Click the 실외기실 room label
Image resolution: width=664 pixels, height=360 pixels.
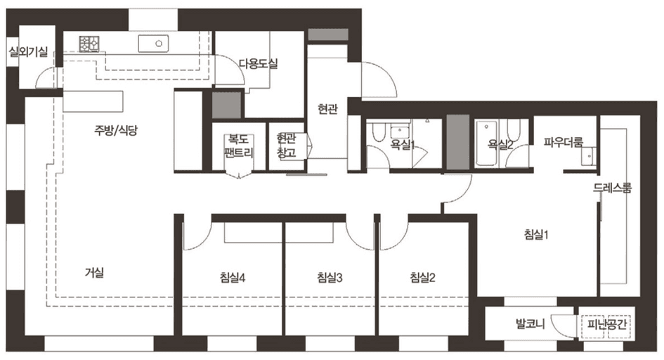[29, 52]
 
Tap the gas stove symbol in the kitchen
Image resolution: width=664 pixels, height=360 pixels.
[89, 44]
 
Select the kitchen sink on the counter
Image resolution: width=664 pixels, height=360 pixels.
[153, 44]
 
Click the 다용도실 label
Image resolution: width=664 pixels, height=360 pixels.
[259, 64]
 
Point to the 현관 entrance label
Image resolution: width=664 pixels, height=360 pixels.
[328, 109]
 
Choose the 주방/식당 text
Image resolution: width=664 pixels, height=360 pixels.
[116, 130]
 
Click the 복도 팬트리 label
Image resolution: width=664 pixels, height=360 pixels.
[239, 146]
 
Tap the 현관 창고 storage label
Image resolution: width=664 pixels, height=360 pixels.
[287, 146]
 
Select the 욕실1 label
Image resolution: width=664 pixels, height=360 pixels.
[403, 146]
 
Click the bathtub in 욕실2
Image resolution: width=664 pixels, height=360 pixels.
[486, 143]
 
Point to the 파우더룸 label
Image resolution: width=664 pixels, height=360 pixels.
[564, 142]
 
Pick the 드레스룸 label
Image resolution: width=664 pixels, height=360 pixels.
[613, 188]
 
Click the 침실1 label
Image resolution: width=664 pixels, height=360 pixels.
[537, 234]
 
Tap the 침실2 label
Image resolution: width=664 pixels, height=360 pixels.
[422, 278]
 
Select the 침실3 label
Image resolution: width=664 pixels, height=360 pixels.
[330, 278]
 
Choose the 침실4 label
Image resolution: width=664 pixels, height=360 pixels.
[233, 278]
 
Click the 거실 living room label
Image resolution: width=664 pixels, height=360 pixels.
[94, 273]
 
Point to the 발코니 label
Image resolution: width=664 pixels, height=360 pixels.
[530, 324]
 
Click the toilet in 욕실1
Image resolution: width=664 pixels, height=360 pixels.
[377, 131]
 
